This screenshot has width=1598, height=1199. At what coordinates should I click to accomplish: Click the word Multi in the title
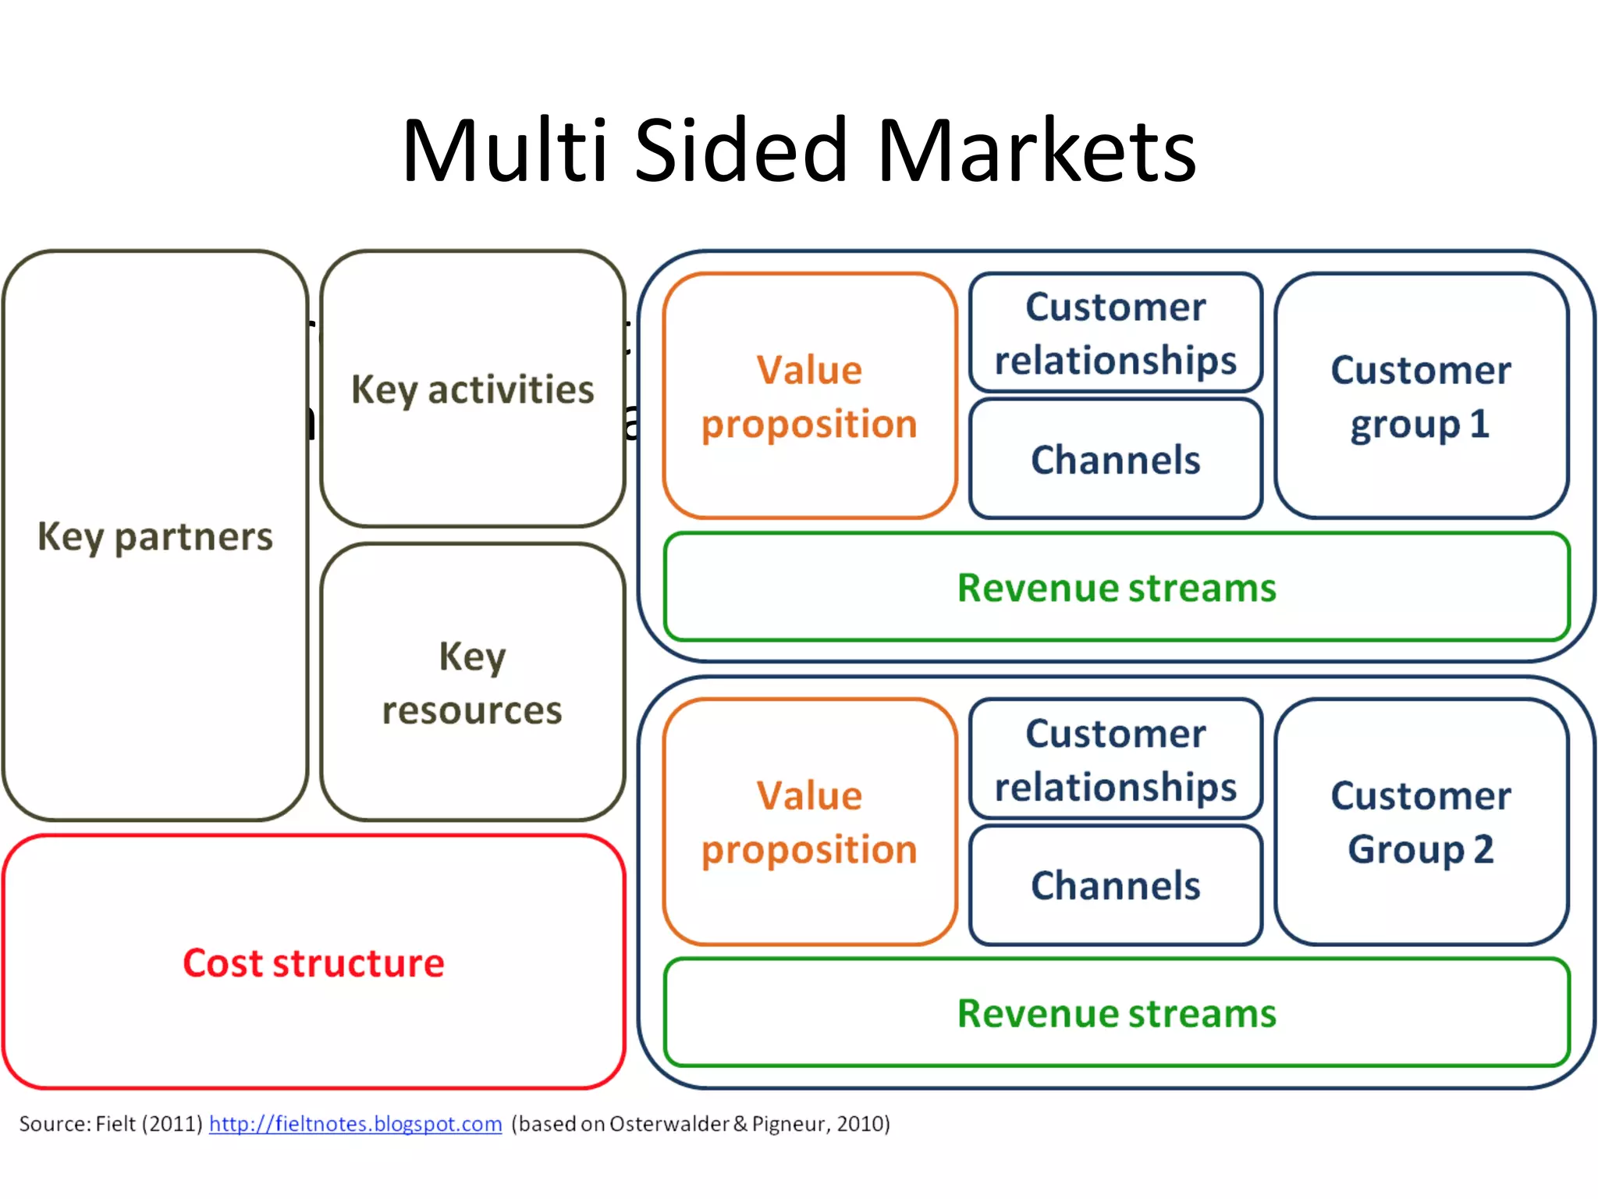point(504,150)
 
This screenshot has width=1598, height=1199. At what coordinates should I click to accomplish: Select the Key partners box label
point(155,537)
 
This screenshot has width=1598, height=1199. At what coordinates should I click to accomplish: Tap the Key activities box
point(472,390)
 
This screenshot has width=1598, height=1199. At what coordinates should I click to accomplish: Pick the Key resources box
point(472,683)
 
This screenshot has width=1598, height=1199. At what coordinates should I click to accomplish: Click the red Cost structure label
point(314,962)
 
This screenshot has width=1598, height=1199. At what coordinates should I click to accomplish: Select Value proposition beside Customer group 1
point(809,397)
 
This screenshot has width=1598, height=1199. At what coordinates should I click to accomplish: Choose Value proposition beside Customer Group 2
point(809,822)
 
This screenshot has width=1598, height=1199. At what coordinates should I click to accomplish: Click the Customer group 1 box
point(1421,397)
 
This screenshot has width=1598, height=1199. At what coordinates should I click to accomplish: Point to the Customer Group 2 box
point(1421,822)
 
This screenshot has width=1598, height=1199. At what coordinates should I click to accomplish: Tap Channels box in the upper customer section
point(1115,460)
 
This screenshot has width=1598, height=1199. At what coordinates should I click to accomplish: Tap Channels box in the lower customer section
point(1115,885)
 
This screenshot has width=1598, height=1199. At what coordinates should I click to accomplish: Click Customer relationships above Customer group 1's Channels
point(1115,333)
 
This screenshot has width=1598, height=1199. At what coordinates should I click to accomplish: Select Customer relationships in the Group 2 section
point(1115,760)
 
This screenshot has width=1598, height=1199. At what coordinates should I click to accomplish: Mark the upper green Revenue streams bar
point(1117,588)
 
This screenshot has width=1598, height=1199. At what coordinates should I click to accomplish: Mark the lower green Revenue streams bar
point(1117,1013)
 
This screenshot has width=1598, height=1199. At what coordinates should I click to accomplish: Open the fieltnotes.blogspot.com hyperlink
point(355,1124)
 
